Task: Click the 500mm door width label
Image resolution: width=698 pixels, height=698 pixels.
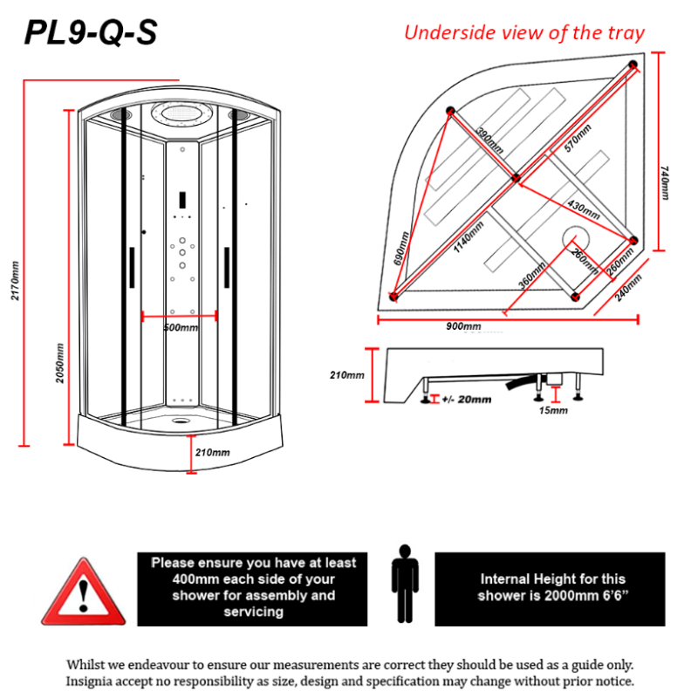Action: click(x=181, y=327)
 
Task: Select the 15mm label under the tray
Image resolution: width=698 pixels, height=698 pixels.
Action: click(x=553, y=409)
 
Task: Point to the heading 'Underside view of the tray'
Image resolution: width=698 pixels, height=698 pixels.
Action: click(x=523, y=33)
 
